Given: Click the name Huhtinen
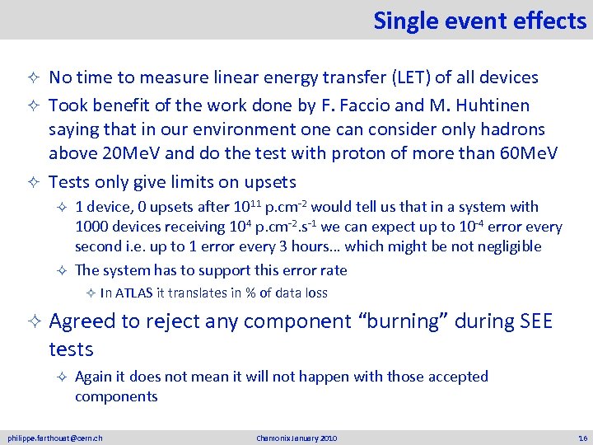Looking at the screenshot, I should click(494, 105).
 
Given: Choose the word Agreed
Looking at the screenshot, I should click(84, 321).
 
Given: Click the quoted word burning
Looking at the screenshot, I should click(407, 321).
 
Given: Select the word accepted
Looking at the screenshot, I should click(455, 377).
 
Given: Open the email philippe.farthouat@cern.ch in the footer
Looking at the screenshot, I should click(55, 438).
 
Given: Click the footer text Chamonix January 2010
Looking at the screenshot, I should click(296, 438).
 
